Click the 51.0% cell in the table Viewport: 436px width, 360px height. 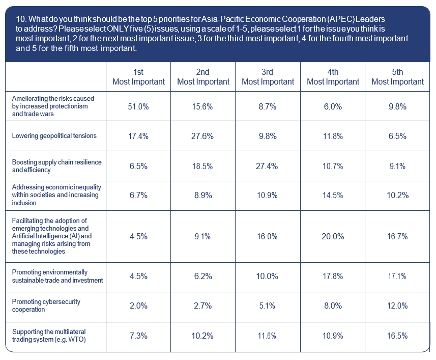138,106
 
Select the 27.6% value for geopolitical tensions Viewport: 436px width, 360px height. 202,136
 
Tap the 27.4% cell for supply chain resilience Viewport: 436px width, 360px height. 268,167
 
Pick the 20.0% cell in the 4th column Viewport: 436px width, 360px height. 333,236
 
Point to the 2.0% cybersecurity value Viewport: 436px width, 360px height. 138,306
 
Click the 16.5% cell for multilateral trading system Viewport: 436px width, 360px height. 397,336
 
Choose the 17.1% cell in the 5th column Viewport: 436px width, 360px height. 397,276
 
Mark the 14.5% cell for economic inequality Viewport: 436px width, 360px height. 333,195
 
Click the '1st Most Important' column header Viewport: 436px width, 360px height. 138,77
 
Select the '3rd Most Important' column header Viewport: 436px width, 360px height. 268,77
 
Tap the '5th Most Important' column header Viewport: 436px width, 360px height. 397,77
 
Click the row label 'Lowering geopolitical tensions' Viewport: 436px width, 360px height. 54,136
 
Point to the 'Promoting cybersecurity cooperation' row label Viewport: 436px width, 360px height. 46,306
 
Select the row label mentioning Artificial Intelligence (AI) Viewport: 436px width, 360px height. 52,236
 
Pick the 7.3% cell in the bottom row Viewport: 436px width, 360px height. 138,336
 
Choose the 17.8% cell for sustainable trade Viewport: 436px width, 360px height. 333,276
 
